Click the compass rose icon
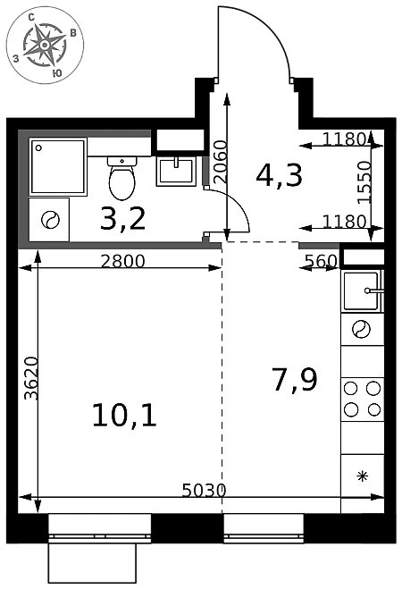click(x=45, y=45)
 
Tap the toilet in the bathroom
click(x=122, y=178)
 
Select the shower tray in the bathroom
click(x=58, y=166)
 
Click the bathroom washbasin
click(x=176, y=171)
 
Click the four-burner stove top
click(x=362, y=400)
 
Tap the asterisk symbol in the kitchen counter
click(x=362, y=476)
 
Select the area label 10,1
click(x=124, y=415)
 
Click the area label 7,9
click(x=295, y=379)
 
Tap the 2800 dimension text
click(x=122, y=261)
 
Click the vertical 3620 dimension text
click(x=31, y=378)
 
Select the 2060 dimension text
click(x=221, y=162)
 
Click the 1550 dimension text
click(x=364, y=182)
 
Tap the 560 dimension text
click(x=322, y=261)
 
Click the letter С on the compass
click(x=31, y=16)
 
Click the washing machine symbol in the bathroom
click(x=49, y=220)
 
